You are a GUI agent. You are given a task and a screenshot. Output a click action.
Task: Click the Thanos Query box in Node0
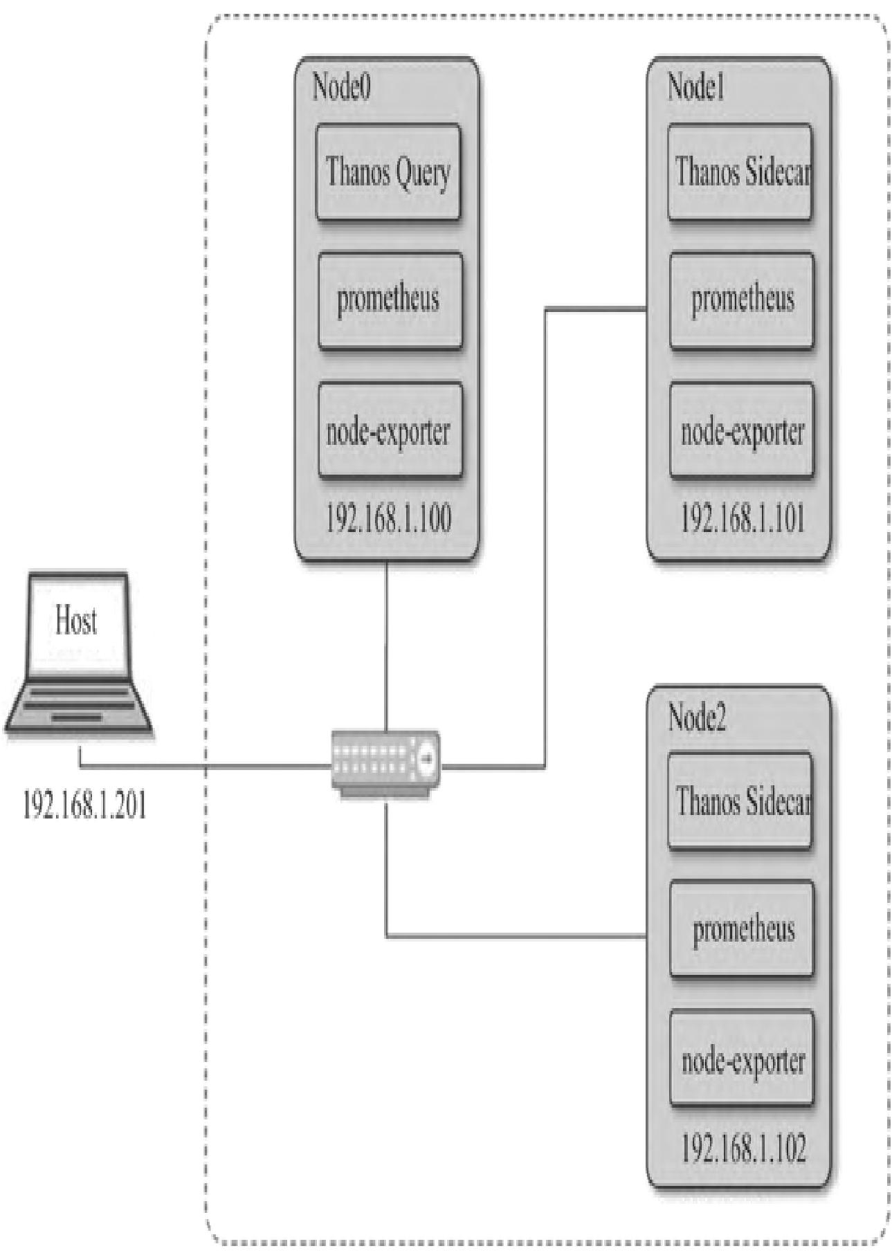(x=388, y=172)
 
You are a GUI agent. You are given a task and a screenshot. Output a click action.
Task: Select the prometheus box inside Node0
(x=390, y=300)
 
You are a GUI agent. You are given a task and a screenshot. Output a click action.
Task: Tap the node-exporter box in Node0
(x=390, y=430)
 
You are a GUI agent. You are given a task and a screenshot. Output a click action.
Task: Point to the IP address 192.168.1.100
(x=388, y=519)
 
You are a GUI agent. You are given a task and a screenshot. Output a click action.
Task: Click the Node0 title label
(x=342, y=87)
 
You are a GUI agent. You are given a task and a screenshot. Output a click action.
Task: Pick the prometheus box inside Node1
(x=742, y=300)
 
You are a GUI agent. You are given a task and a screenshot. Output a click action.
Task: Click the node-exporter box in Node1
(x=742, y=430)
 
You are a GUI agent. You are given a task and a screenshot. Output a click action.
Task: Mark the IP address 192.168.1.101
(x=743, y=519)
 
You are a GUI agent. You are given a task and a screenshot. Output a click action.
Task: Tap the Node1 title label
(x=695, y=87)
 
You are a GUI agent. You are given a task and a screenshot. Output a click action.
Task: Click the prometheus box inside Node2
(x=742, y=929)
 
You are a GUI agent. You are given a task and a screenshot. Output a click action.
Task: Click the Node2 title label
(x=697, y=717)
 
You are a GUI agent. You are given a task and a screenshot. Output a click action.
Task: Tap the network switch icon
(x=385, y=762)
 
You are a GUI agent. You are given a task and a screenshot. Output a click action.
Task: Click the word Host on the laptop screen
(x=76, y=620)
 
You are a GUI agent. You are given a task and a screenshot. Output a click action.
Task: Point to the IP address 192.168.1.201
(x=84, y=805)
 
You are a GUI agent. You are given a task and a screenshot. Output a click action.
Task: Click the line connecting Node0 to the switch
(x=385, y=643)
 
